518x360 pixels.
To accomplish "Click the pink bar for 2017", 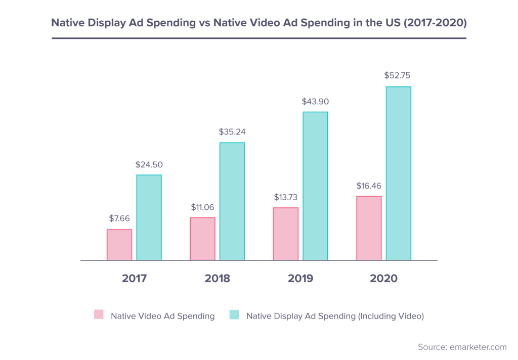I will (x=119, y=245).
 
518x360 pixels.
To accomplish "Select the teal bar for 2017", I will (x=149, y=217).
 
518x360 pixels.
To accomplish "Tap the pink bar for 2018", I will (x=202, y=239).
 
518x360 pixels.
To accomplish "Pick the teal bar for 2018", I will (x=232, y=201).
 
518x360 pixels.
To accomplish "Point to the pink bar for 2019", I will (x=286, y=234).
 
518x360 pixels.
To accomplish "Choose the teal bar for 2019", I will (x=315, y=186).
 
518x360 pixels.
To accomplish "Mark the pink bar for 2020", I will (x=369, y=228).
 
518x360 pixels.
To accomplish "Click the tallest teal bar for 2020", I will (x=398, y=173).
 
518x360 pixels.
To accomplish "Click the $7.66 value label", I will (x=119, y=218).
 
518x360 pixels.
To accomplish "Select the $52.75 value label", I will (x=398, y=76).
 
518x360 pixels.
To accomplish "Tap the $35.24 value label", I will (x=232, y=131).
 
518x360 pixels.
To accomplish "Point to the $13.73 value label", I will (x=286, y=197).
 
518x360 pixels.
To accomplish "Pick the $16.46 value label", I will (x=369, y=186).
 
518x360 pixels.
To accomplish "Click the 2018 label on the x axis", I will (x=218, y=279).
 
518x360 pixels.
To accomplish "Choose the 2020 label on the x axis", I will (x=383, y=279).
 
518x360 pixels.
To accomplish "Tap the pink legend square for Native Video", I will (x=99, y=314).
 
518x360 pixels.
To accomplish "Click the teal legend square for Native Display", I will (x=234, y=314).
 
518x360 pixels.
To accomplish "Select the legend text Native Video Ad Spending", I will (x=162, y=316).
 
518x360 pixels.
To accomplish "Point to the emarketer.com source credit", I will (x=462, y=347).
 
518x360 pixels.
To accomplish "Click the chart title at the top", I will (x=258, y=23).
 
